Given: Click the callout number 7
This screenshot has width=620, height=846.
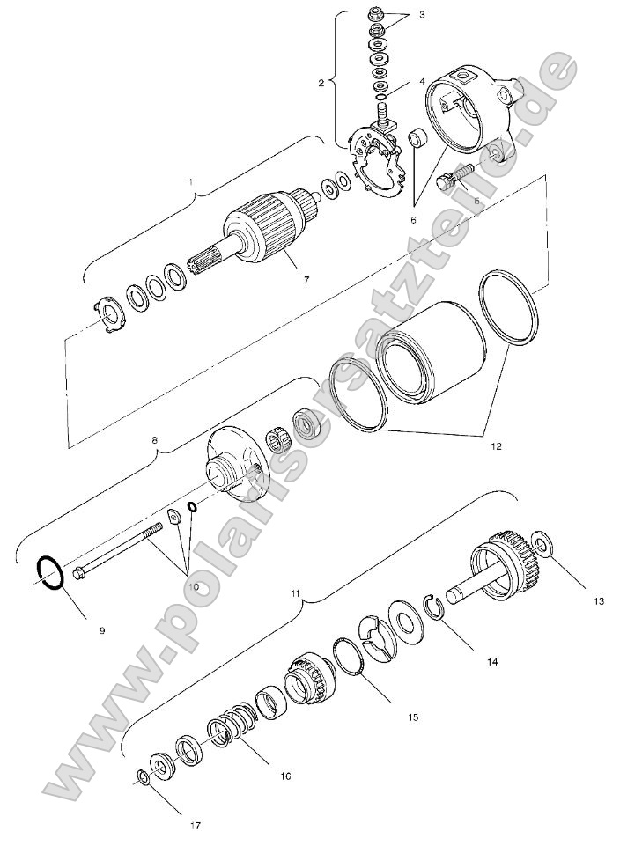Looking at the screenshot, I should click(306, 280).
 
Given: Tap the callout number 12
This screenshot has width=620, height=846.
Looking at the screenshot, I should click(496, 446).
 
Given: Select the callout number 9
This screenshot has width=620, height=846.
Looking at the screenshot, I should click(102, 630).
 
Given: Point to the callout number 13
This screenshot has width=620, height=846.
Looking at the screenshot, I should click(598, 601).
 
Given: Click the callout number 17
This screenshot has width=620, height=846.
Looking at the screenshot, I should click(196, 826).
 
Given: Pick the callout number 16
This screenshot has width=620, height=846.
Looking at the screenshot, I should click(285, 776).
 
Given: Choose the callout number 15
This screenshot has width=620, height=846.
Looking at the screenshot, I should click(412, 717).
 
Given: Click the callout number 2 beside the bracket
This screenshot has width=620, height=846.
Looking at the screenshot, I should click(321, 83).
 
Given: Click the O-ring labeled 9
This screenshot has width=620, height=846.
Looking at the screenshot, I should click(49, 573).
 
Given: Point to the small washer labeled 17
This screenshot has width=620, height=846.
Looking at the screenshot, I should click(143, 776).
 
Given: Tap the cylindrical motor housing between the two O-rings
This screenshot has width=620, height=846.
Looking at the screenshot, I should click(432, 352).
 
